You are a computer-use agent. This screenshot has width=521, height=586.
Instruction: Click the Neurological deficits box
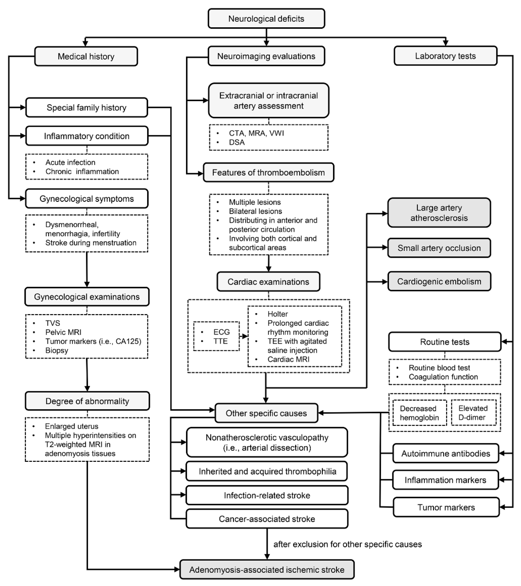coord(266,19)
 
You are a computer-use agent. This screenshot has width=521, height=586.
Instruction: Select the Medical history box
coord(86,56)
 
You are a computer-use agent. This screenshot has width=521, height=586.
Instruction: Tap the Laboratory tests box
coord(445,56)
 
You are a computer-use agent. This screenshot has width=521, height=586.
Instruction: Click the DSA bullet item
coord(237,142)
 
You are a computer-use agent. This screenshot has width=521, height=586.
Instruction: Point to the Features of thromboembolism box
coord(268,173)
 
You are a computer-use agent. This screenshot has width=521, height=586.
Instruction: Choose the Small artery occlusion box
coord(439,248)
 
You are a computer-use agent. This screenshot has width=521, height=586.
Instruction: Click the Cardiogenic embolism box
coord(439,281)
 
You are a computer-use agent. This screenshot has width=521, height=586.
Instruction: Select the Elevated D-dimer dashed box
coord(474,413)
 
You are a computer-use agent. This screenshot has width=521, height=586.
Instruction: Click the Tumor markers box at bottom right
coord(446,508)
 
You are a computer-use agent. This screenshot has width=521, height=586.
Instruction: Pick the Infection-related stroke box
coord(267,495)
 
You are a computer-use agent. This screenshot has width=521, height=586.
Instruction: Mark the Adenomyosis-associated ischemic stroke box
coord(267,570)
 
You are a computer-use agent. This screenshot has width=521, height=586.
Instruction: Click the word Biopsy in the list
coord(57,350)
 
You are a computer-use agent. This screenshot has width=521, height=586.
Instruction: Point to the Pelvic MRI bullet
coord(63,332)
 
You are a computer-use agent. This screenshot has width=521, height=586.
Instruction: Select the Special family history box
coord(87,107)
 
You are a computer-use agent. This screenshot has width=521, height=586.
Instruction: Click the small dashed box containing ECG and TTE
coord(216,336)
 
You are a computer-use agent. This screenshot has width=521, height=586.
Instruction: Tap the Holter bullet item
coord(277,314)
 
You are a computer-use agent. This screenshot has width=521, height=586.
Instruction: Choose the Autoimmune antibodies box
coord(445,454)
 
